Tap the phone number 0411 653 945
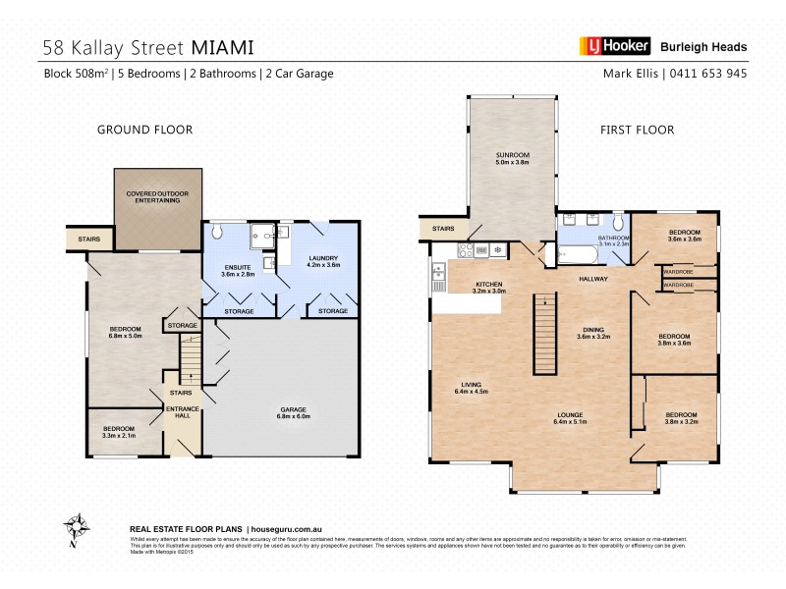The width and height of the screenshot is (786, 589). [708, 73]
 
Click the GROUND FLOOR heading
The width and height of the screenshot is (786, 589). [143, 129]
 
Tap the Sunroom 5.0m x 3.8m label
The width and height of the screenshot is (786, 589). [512, 159]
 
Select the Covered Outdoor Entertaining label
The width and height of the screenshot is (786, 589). [158, 196]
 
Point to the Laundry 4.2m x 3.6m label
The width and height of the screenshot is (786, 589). [323, 261]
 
